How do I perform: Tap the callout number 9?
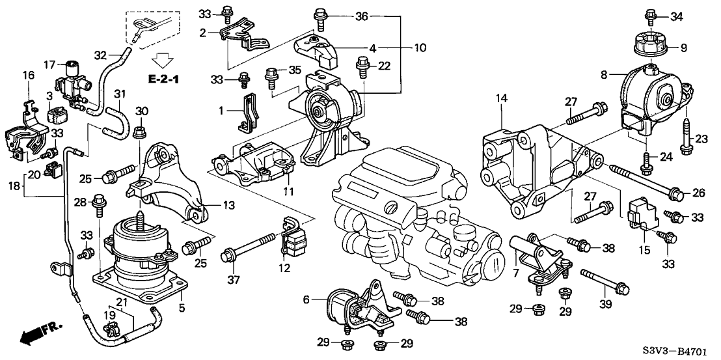(683, 47)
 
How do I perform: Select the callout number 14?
(500, 98)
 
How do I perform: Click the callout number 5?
(182, 307)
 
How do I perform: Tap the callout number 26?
(697, 193)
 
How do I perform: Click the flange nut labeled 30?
(138, 135)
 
